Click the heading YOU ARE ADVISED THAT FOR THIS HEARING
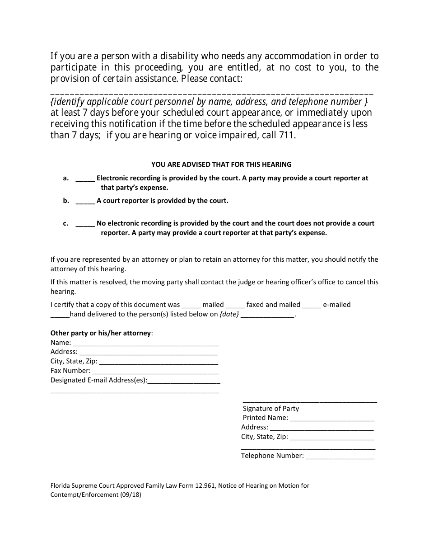(x=221, y=165)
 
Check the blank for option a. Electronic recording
(x=85, y=179)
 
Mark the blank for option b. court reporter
(x=85, y=201)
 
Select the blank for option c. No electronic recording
(x=85, y=224)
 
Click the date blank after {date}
(x=267, y=315)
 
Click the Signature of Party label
(x=271, y=409)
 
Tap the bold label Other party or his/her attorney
(x=101, y=333)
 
